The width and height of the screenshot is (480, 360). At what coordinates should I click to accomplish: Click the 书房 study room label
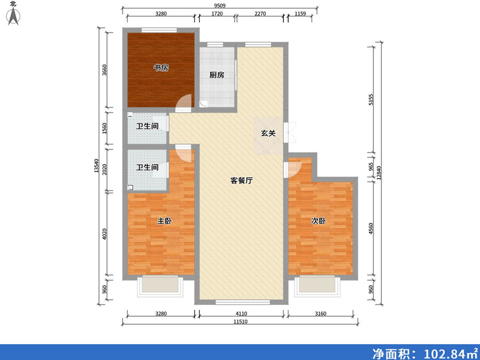click(161, 68)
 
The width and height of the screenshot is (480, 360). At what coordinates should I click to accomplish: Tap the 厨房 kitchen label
click(217, 75)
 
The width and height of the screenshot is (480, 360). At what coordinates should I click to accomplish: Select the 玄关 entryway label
click(268, 133)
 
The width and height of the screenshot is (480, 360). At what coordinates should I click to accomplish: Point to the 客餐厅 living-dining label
click(242, 181)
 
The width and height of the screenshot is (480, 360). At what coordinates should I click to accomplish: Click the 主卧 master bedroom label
click(164, 221)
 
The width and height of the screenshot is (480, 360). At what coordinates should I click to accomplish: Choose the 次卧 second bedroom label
click(318, 221)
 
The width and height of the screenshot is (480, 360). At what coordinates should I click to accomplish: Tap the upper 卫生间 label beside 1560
click(147, 126)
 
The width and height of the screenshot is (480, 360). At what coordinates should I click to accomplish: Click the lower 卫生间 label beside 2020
click(147, 167)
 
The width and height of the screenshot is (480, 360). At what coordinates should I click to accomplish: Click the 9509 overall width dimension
click(220, 6)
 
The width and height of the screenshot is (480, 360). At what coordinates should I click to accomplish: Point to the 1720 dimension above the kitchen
click(217, 14)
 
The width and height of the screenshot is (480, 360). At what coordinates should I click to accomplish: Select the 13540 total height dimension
click(97, 166)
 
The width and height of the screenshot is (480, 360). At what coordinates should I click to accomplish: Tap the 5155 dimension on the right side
click(371, 100)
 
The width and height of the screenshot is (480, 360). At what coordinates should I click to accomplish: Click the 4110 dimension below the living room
click(241, 314)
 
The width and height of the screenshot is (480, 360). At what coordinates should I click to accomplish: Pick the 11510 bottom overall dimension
click(241, 322)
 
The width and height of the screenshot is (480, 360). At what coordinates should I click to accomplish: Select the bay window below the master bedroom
click(160, 286)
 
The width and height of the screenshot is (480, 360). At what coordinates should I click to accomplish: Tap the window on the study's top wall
click(159, 30)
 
